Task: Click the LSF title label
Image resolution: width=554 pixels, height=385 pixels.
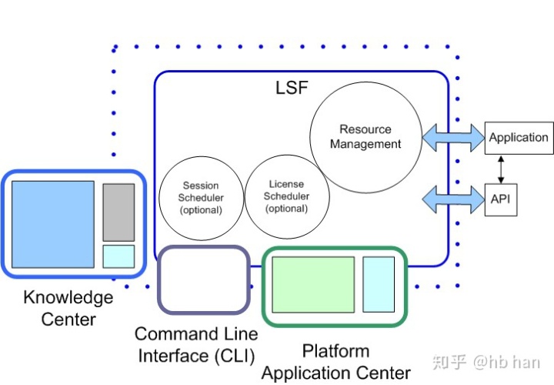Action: point(291,88)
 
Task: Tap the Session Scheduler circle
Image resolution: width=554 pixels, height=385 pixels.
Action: point(200,197)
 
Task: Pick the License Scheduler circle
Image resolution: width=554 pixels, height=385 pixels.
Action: point(286,196)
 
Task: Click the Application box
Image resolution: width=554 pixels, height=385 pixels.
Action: point(519,138)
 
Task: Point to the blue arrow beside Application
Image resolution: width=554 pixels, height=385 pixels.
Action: point(452,138)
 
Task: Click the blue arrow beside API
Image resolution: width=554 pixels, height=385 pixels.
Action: point(452,199)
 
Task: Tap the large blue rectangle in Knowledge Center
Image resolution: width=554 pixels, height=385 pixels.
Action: point(53,224)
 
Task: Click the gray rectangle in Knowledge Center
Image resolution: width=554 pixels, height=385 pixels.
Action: point(118,212)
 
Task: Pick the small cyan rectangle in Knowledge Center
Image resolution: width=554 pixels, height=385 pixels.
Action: point(118,256)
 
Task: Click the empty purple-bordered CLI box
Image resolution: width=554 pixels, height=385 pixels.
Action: point(204,280)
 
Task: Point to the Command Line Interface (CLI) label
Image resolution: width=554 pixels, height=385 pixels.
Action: point(196,344)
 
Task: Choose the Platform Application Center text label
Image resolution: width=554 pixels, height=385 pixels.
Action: point(335,362)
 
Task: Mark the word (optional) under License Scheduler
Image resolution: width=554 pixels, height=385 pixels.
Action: point(286,209)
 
